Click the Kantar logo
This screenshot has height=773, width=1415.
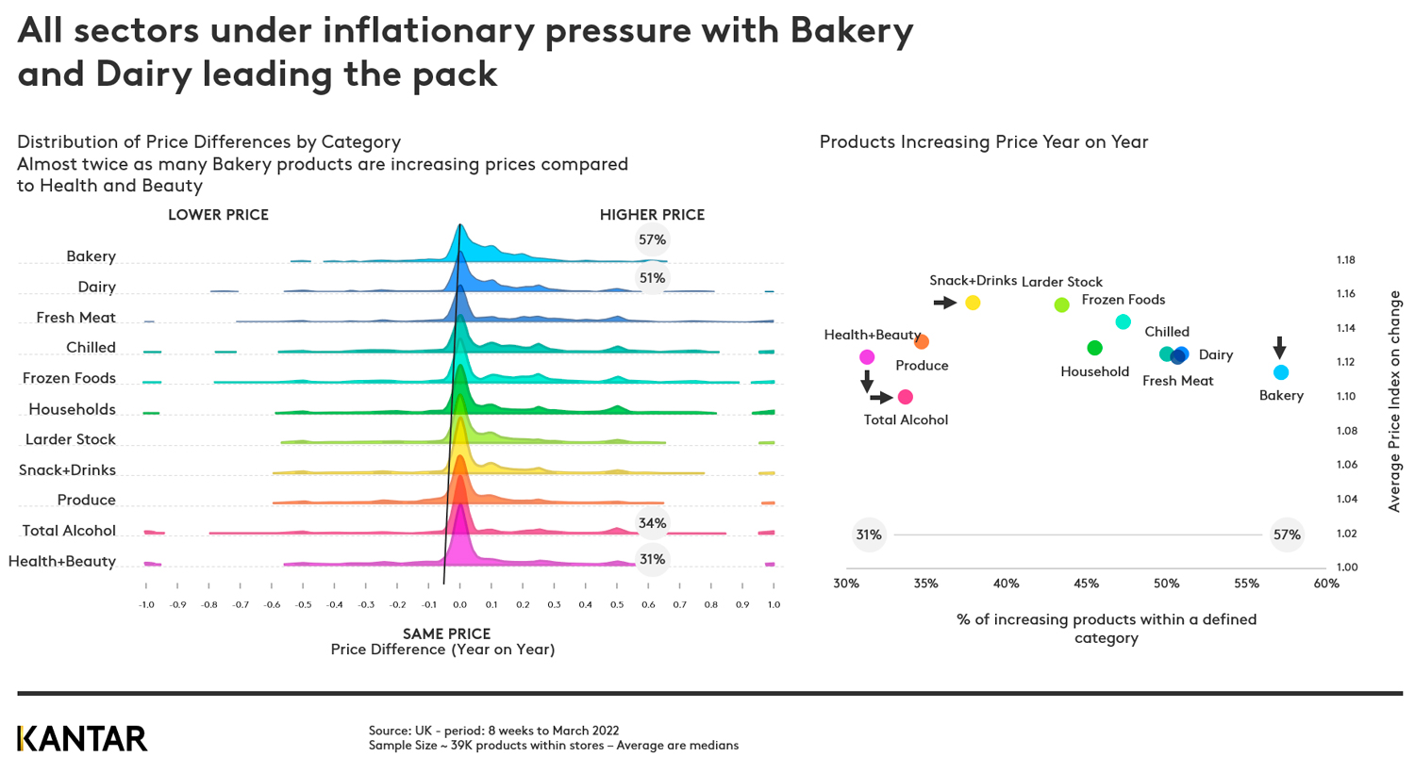[82, 738]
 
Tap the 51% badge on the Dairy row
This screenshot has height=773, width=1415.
[652, 278]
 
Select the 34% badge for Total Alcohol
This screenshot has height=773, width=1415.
[652, 523]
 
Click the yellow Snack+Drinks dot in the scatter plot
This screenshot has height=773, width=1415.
[973, 303]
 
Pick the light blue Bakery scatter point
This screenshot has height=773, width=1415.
[1281, 372]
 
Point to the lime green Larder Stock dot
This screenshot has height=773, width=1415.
[1061, 304]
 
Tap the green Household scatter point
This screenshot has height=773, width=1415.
[1094, 348]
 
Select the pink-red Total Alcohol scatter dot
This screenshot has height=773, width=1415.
[905, 397]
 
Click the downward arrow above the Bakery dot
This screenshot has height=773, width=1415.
[1279, 347]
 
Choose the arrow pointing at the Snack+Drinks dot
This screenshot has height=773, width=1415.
[944, 303]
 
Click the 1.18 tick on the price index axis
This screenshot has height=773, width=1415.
[1345, 260]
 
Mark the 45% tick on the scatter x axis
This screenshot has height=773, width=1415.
[1086, 584]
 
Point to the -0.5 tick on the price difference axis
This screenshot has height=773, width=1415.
[303, 604]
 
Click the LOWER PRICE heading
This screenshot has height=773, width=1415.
[218, 215]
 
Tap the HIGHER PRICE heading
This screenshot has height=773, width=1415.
[652, 215]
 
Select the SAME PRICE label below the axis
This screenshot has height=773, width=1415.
[446, 633]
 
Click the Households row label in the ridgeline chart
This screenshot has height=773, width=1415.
[72, 409]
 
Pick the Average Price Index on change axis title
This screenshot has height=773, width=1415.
[1394, 402]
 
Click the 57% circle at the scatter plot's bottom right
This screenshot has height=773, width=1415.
[1287, 535]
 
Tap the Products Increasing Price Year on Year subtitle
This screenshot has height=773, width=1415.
[983, 142]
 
